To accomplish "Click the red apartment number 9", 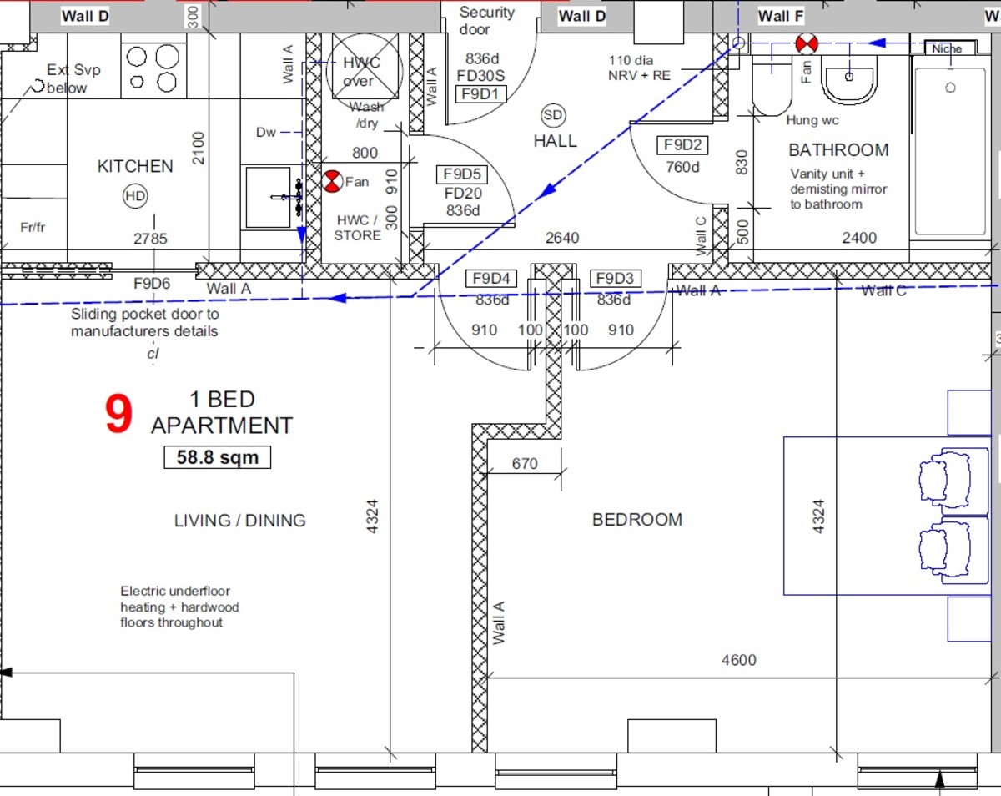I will pyautogui.click(x=118, y=416).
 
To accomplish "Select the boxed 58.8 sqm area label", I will pyautogui.click(x=217, y=457).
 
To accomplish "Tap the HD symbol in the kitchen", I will pyautogui.click(x=134, y=197).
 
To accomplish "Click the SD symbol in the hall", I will pyautogui.click(x=552, y=114).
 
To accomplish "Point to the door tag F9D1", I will pyautogui.click(x=482, y=94).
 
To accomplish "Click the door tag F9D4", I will pyautogui.click(x=493, y=279).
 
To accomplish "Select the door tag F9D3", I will pyautogui.click(x=615, y=279).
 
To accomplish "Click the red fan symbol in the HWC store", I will pyautogui.click(x=332, y=181).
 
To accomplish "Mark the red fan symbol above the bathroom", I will pyautogui.click(x=805, y=43).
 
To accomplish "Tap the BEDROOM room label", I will pyautogui.click(x=637, y=520).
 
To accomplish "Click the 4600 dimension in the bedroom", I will pyautogui.click(x=738, y=661).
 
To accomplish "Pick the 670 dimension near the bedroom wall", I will pyautogui.click(x=524, y=464).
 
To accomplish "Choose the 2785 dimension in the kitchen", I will pyautogui.click(x=150, y=239).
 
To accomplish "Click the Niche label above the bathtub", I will pyautogui.click(x=947, y=49).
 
